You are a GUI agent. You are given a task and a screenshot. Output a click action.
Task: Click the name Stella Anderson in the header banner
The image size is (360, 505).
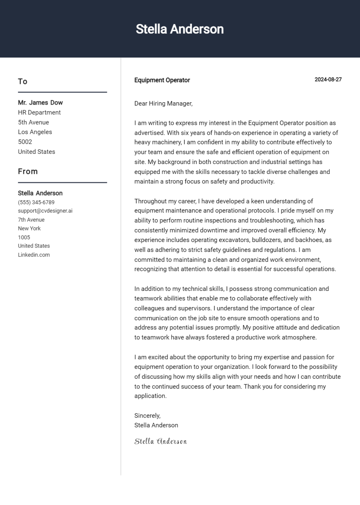pyautogui.click(x=180, y=29)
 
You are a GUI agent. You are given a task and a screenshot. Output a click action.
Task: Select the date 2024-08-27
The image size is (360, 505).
pyautogui.click(x=328, y=80)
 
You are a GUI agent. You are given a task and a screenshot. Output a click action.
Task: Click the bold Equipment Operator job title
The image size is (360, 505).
pyautogui.click(x=162, y=80)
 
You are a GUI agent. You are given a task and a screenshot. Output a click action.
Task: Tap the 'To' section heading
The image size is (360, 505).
pyautogui.click(x=23, y=82)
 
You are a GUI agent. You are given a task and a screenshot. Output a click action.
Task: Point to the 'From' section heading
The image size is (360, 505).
pyautogui.click(x=28, y=172)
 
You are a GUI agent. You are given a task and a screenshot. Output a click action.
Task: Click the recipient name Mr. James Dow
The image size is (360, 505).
pyautogui.click(x=40, y=103)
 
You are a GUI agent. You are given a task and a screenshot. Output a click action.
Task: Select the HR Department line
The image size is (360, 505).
pyautogui.click(x=39, y=112)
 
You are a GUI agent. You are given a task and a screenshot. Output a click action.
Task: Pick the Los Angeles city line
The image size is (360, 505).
pyautogui.click(x=35, y=132)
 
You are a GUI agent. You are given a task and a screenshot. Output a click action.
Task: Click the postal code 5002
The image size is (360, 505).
pyautogui.click(x=25, y=142)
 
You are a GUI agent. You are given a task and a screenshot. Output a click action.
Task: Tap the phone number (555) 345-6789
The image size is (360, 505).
pyautogui.click(x=36, y=202)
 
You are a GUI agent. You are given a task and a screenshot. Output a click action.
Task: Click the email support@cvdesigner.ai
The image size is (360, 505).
pyautogui.click(x=45, y=211)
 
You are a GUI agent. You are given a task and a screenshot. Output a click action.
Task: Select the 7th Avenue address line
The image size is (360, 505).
pyautogui.click(x=31, y=220)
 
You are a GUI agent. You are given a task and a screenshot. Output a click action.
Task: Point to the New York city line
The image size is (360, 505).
pyautogui.click(x=29, y=228)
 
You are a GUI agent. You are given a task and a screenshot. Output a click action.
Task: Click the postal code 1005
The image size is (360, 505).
pyautogui.click(x=24, y=237)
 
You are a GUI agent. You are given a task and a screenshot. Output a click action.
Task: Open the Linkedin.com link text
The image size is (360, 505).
pyautogui.click(x=34, y=254)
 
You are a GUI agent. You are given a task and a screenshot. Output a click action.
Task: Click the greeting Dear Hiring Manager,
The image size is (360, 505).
pyautogui.click(x=163, y=104)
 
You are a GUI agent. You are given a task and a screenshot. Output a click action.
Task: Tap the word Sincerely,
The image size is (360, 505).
pyautogui.click(x=147, y=416)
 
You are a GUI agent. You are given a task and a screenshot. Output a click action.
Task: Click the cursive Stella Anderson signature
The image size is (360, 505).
pyautogui.click(x=160, y=441)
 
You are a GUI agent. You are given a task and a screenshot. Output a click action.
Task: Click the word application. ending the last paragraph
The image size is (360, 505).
pyautogui.click(x=150, y=396)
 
